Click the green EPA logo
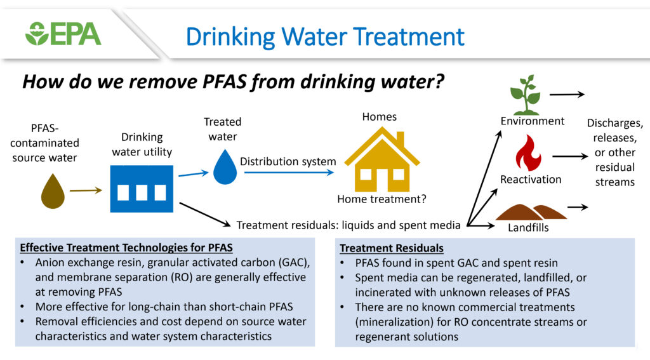pyautogui.click(x=63, y=34)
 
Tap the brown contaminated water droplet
pyautogui.click(x=53, y=191)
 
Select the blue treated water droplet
pyautogui.click(x=225, y=167)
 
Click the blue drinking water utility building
pyautogui.click(x=142, y=189)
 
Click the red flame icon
pyautogui.click(x=528, y=153)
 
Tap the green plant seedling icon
pyautogui.click(x=526, y=95)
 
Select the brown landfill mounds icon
pyautogui.click(x=531, y=212)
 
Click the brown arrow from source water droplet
pyautogui.click(x=86, y=190)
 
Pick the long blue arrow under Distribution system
pyautogui.click(x=289, y=172)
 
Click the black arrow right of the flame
pyautogui.click(x=570, y=156)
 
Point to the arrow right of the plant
pyautogui.click(x=567, y=95)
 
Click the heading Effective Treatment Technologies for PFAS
pyautogui.click(x=126, y=248)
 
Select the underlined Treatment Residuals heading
pyautogui.click(x=392, y=248)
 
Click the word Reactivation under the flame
pyautogui.click(x=531, y=179)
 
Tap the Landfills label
pyautogui.click(x=528, y=227)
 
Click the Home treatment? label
pyautogui.click(x=381, y=199)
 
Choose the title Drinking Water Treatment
pyautogui.click(x=325, y=36)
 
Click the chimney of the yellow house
pyautogui.click(x=400, y=139)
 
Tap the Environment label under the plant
pyautogui.click(x=533, y=121)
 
